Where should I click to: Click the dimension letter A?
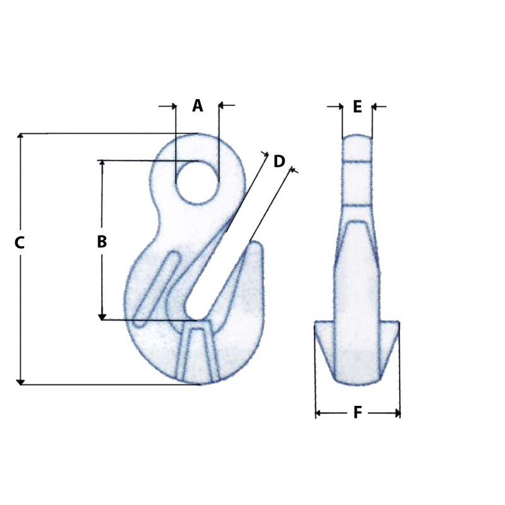[198, 106]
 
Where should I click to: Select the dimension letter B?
[102, 242]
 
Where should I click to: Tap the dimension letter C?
[20, 242]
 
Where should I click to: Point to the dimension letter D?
[279, 162]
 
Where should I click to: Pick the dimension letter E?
[357, 107]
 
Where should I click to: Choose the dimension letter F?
[357, 413]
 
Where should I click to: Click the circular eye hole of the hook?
[198, 182]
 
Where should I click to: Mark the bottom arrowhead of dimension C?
[20, 381]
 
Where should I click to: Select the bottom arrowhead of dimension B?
[102, 316]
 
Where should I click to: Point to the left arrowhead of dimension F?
[318, 413]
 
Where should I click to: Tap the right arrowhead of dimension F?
[397, 413]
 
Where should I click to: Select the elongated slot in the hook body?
[155, 287]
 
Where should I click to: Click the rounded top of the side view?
[357, 138]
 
